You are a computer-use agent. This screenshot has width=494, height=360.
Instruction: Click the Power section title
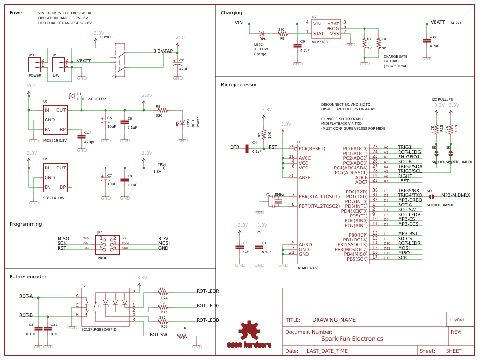tap(17, 12)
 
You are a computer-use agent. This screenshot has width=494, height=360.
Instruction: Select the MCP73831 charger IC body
tap(326, 29)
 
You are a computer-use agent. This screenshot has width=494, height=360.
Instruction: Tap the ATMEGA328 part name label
tap(308, 268)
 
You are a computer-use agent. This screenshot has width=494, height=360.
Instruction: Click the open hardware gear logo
tap(249, 331)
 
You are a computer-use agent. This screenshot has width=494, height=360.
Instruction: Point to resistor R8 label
tap(158, 106)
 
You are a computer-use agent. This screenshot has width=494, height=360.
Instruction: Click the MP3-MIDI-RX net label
tap(455, 195)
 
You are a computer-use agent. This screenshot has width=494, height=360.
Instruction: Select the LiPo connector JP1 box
tap(59, 63)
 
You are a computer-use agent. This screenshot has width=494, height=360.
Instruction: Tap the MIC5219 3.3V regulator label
tap(55, 140)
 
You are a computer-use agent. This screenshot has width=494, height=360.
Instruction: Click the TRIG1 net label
tap(404, 147)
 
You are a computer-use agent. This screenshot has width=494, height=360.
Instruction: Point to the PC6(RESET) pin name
tap(312, 148)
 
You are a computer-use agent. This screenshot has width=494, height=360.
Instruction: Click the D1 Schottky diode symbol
tap(71, 96)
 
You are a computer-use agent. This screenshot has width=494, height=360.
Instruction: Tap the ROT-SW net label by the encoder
tap(158, 335)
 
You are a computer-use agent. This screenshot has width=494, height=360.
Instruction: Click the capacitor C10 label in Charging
tap(433, 36)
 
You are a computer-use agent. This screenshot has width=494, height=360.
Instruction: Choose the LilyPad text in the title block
tap(457, 320)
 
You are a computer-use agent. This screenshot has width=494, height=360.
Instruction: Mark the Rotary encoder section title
tap(28, 276)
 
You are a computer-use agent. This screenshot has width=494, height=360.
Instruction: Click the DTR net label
tap(235, 147)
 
